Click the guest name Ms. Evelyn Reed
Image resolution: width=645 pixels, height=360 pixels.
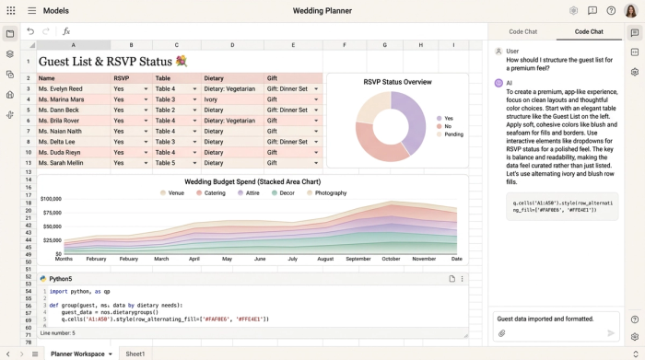[60, 89]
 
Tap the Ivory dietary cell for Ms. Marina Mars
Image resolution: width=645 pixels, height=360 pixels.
[211, 99]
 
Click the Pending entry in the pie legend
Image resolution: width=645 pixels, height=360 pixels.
[453, 134]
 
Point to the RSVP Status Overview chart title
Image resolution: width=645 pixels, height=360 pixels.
[397, 82]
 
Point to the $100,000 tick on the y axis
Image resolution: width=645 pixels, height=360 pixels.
[51, 199]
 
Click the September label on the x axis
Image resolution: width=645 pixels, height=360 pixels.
[358, 259]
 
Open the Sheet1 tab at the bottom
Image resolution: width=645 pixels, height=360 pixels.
[135, 354]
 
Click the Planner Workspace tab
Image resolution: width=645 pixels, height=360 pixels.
[77, 354]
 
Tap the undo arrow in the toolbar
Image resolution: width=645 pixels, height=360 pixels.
[30, 31]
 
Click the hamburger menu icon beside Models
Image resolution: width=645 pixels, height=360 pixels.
[31, 11]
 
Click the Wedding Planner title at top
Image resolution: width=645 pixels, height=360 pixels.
[322, 11]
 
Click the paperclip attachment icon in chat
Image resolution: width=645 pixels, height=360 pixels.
[502, 333]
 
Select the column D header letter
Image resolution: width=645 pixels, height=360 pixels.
[232, 45]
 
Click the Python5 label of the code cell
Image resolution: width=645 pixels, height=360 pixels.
[60, 278]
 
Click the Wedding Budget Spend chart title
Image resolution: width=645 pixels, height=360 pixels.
[252, 182]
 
